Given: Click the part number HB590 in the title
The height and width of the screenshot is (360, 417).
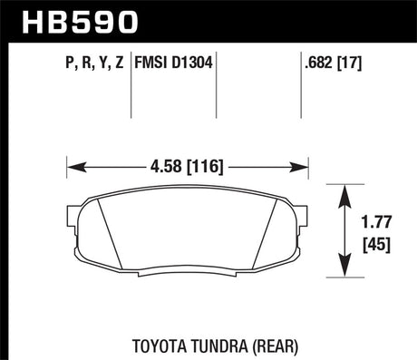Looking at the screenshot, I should coord(61,19).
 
